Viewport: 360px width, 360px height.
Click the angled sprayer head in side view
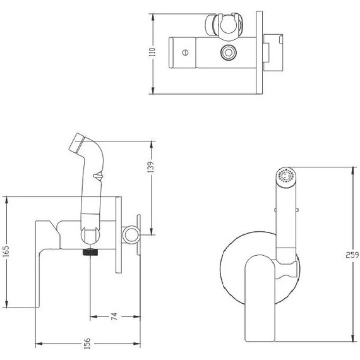(x=81, y=147)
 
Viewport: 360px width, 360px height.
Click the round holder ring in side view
(x=131, y=234)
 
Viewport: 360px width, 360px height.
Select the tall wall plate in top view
(x=257, y=51)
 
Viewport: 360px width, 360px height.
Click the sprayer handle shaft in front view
(x=285, y=221)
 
